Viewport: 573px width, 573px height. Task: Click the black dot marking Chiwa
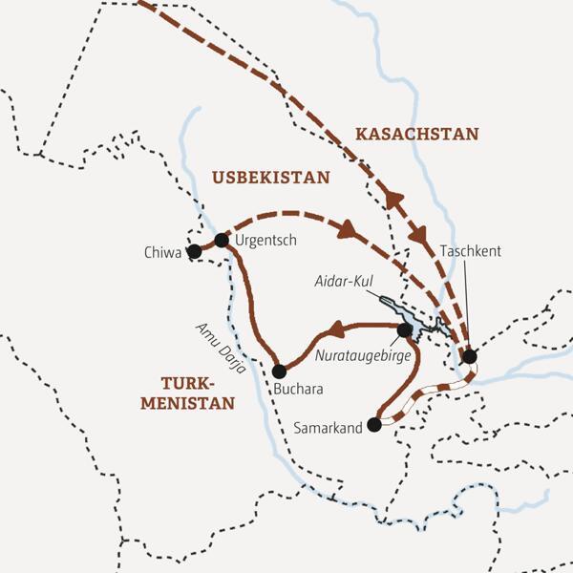195,251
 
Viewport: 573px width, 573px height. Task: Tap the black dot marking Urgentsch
222,241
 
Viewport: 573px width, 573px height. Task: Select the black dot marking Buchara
279,371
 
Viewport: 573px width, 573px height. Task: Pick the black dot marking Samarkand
374,426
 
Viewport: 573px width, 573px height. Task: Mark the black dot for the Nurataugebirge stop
404,329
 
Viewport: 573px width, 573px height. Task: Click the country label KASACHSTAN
416,135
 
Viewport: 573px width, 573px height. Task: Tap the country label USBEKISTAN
270,178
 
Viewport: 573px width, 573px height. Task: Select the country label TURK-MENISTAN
187,393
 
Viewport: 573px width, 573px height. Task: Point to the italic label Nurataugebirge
362,352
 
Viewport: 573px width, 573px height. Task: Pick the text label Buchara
297,390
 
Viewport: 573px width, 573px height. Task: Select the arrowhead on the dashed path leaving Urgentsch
348,232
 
